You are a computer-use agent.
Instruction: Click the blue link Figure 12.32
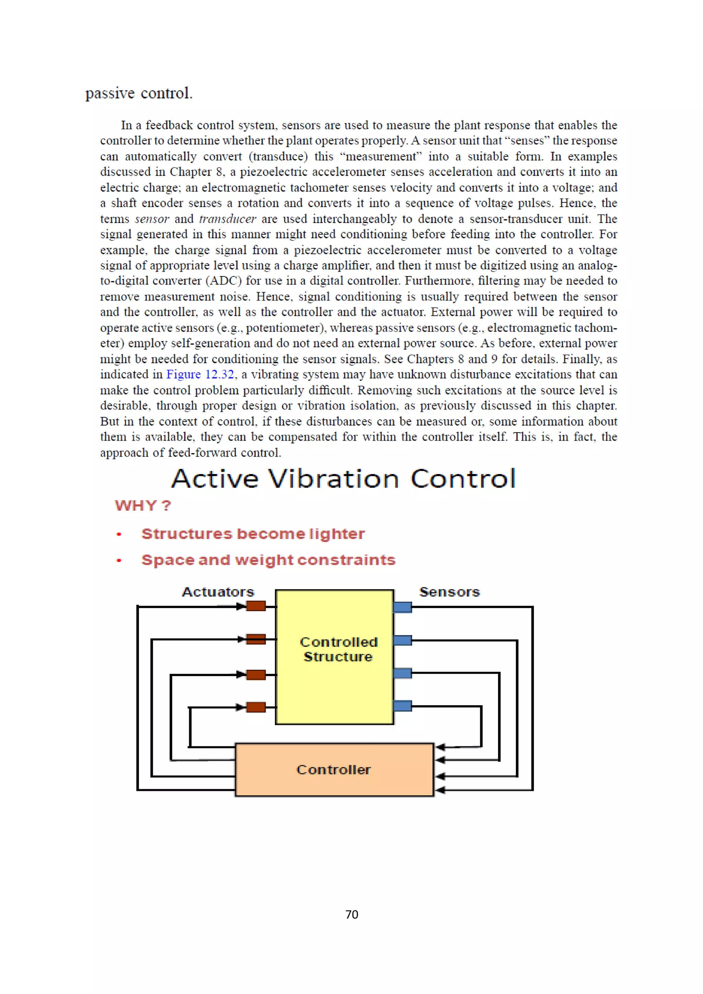[200, 374]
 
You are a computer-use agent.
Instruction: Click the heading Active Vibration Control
[344, 479]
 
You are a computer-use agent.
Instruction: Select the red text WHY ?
[143, 505]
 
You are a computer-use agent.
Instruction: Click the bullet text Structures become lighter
[253, 534]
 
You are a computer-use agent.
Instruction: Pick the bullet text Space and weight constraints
[268, 560]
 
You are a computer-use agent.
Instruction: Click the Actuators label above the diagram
[218, 591]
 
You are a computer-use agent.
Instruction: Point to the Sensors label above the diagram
[450, 591]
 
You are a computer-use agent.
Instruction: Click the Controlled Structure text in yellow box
[338, 649]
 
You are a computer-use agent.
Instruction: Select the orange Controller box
[334, 769]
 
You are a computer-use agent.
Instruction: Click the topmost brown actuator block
[256, 606]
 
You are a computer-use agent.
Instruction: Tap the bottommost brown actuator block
[256, 707]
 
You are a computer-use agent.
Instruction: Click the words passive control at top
[139, 93]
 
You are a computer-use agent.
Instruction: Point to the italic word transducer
[227, 218]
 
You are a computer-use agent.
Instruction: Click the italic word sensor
[152, 218]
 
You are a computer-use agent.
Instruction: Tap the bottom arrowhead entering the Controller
[440, 790]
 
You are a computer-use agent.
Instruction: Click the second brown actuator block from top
[256, 639]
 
